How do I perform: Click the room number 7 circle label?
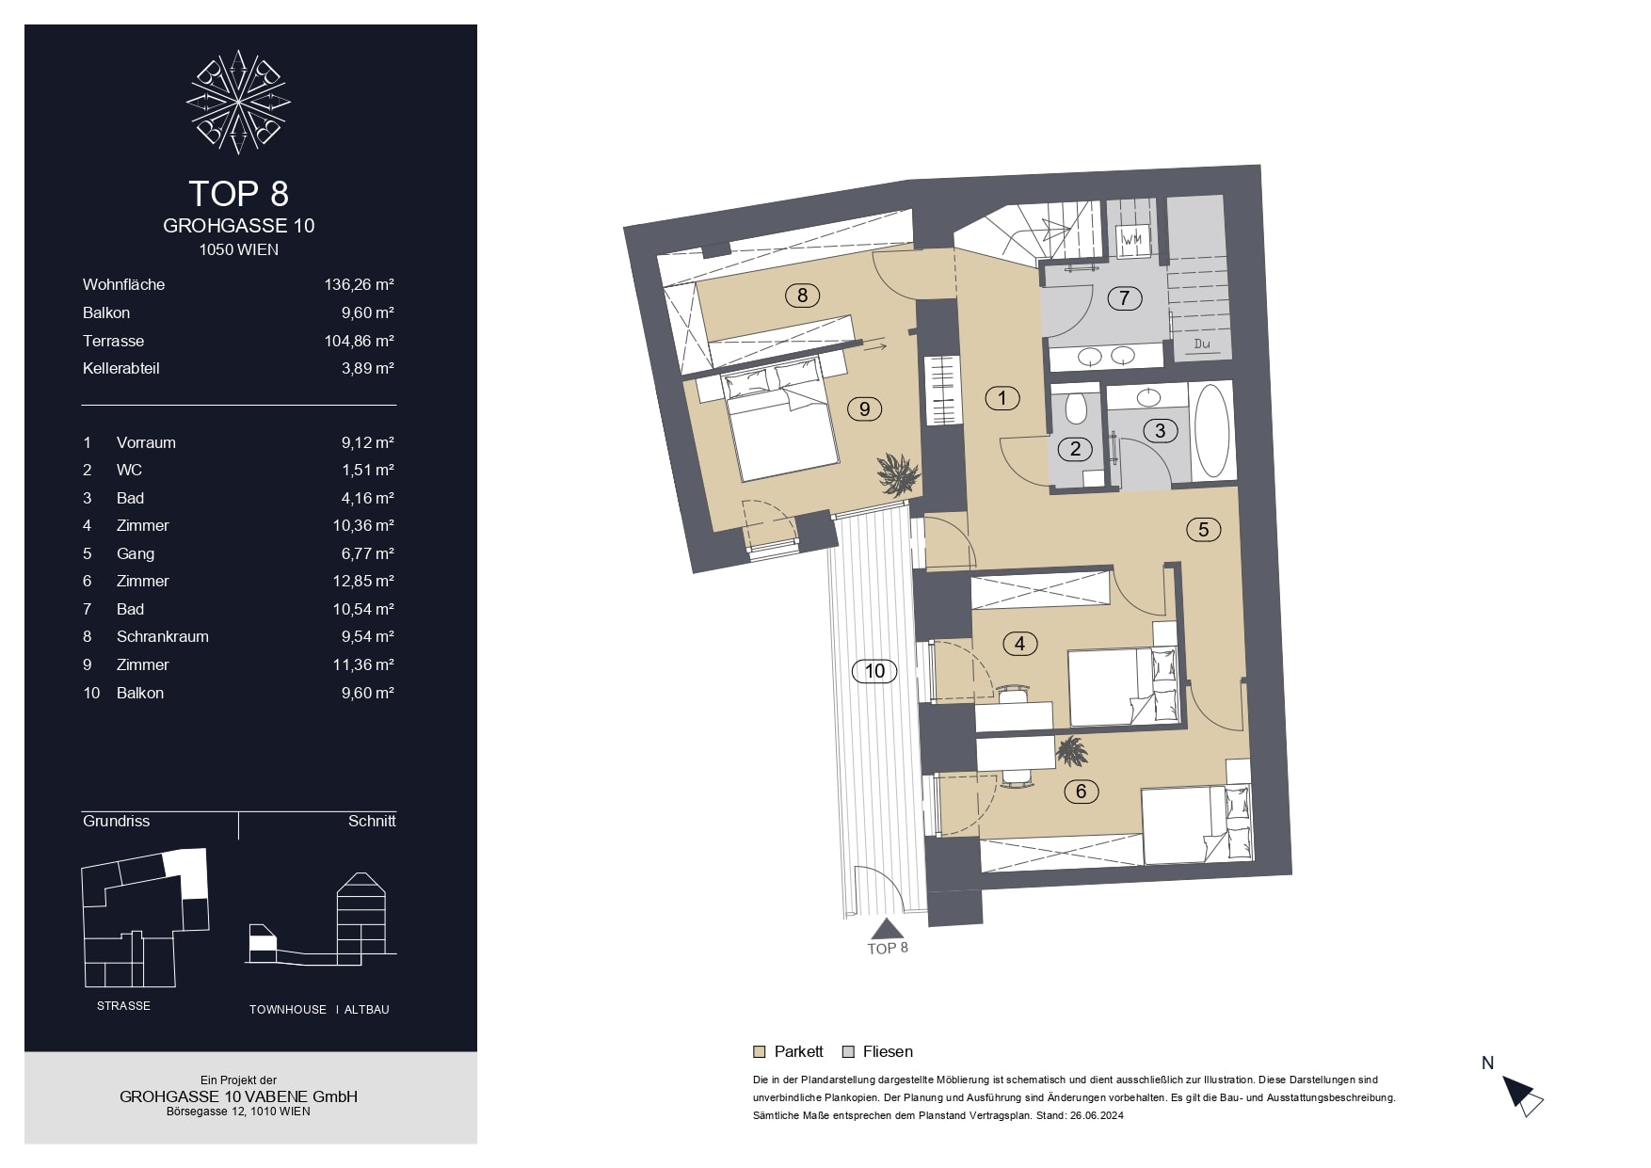pyautogui.click(x=1124, y=298)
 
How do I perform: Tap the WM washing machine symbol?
pyautogui.click(x=1131, y=239)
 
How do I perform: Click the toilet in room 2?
pyautogui.click(x=1076, y=408)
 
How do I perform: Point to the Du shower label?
pyautogui.click(x=1202, y=344)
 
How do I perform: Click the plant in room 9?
pyautogui.click(x=898, y=473)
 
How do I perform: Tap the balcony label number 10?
pyautogui.click(x=874, y=671)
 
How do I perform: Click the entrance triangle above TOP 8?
pyautogui.click(x=886, y=929)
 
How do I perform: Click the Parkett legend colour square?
pyautogui.click(x=760, y=1052)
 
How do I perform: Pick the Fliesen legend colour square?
pyautogui.click(x=848, y=1052)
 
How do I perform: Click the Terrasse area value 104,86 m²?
pyautogui.click(x=359, y=341)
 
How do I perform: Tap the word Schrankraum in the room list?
pyautogui.click(x=163, y=636)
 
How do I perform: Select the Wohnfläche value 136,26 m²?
pyautogui.click(x=359, y=284)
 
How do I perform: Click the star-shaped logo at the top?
pyautogui.click(x=238, y=102)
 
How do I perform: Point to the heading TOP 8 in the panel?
pyautogui.click(x=238, y=193)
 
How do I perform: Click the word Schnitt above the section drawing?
pyautogui.click(x=372, y=821)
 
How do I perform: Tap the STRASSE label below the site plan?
pyautogui.click(x=123, y=1006)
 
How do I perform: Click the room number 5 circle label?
pyautogui.click(x=1203, y=530)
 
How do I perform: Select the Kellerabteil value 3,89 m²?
pyautogui.click(x=367, y=368)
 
